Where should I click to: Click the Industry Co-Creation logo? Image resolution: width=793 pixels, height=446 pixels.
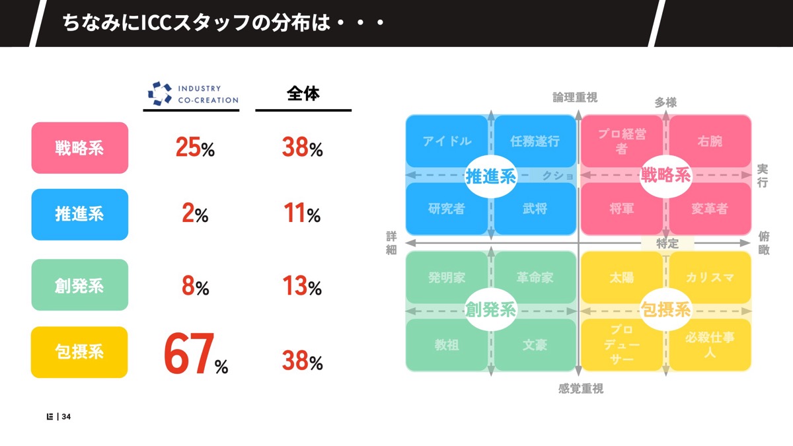click(191, 94)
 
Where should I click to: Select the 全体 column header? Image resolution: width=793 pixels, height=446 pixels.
click(303, 94)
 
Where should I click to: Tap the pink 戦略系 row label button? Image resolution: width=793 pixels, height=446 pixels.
click(79, 148)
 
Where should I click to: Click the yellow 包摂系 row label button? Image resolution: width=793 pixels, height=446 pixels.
click(79, 352)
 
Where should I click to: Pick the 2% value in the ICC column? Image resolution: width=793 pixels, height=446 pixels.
click(195, 214)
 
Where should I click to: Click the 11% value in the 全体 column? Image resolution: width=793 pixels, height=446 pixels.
click(303, 214)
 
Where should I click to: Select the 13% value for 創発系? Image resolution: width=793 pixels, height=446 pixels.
click(303, 287)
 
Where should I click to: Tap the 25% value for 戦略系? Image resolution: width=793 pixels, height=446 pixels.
click(195, 148)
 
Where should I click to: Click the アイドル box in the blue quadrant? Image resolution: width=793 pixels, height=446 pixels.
click(447, 141)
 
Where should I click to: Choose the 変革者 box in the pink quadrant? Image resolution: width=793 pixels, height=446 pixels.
click(710, 209)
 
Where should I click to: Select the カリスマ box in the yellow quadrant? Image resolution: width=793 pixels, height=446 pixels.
click(710, 278)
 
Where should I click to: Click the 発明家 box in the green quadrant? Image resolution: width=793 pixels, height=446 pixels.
click(447, 278)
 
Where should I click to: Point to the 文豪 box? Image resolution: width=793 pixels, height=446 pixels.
click(535, 345)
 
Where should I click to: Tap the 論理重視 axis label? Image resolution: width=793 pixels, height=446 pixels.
click(575, 98)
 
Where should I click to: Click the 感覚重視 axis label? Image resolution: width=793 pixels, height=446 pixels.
click(580, 389)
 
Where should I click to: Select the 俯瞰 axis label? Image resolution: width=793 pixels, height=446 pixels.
click(764, 242)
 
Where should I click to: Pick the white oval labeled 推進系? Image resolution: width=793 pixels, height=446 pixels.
click(491, 176)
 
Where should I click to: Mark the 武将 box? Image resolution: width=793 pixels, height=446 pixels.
click(535, 209)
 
